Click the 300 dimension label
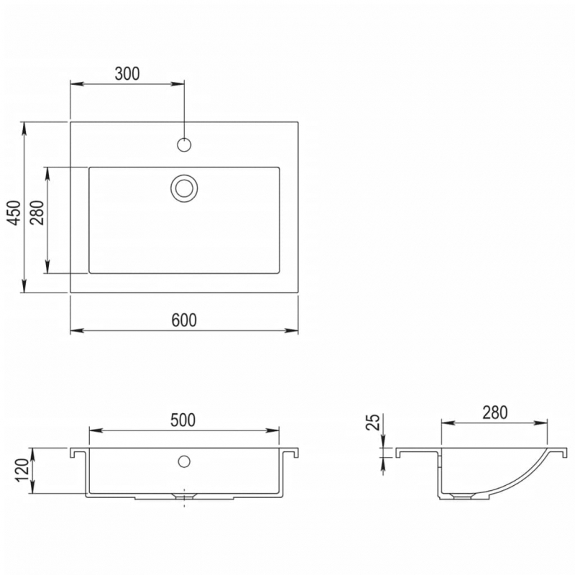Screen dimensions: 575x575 click(126, 73)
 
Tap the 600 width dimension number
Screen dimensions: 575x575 click(184, 320)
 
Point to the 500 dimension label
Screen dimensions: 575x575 click(183, 420)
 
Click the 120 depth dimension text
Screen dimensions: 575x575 click(22, 471)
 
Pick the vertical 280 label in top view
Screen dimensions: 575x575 click(38, 213)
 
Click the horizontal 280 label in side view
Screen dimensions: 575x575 click(495, 412)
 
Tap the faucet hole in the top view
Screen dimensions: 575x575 click(184, 144)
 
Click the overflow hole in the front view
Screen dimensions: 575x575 click(184, 461)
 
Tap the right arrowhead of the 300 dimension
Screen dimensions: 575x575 click(179, 84)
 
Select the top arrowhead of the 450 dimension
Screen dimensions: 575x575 click(25, 127)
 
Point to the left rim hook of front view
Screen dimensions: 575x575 click(74, 454)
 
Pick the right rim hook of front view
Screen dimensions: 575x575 click(293, 454)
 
